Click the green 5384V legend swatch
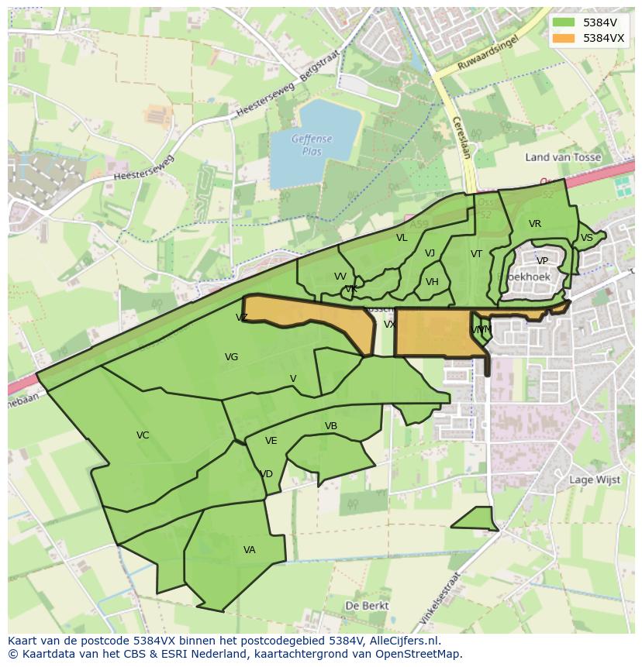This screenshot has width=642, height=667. pyautogui.click(x=564, y=22)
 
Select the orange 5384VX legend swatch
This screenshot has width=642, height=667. pyautogui.click(x=564, y=38)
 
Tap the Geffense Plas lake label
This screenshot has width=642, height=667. pyautogui.click(x=311, y=145)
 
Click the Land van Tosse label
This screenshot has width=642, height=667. pyautogui.click(x=563, y=157)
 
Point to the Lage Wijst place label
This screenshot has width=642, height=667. pyautogui.click(x=595, y=480)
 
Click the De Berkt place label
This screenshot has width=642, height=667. pyautogui.click(x=367, y=605)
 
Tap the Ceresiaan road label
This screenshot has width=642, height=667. pyautogui.click(x=460, y=137)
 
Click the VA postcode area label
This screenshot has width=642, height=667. pyautogui.click(x=249, y=550)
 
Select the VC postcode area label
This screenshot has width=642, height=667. pyautogui.click(x=143, y=435)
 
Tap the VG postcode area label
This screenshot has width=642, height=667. pyautogui.click(x=231, y=357)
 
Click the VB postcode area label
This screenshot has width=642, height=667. pyautogui.click(x=331, y=426)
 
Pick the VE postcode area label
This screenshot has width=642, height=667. pyautogui.click(x=271, y=441)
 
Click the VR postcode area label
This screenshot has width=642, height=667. pyautogui.click(x=535, y=224)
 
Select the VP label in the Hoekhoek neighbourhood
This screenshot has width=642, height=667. pyautogui.click(x=542, y=261)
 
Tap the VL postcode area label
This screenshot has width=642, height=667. pyautogui.click(x=402, y=238)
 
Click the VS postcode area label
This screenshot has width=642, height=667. pyautogui.click(x=586, y=238)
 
